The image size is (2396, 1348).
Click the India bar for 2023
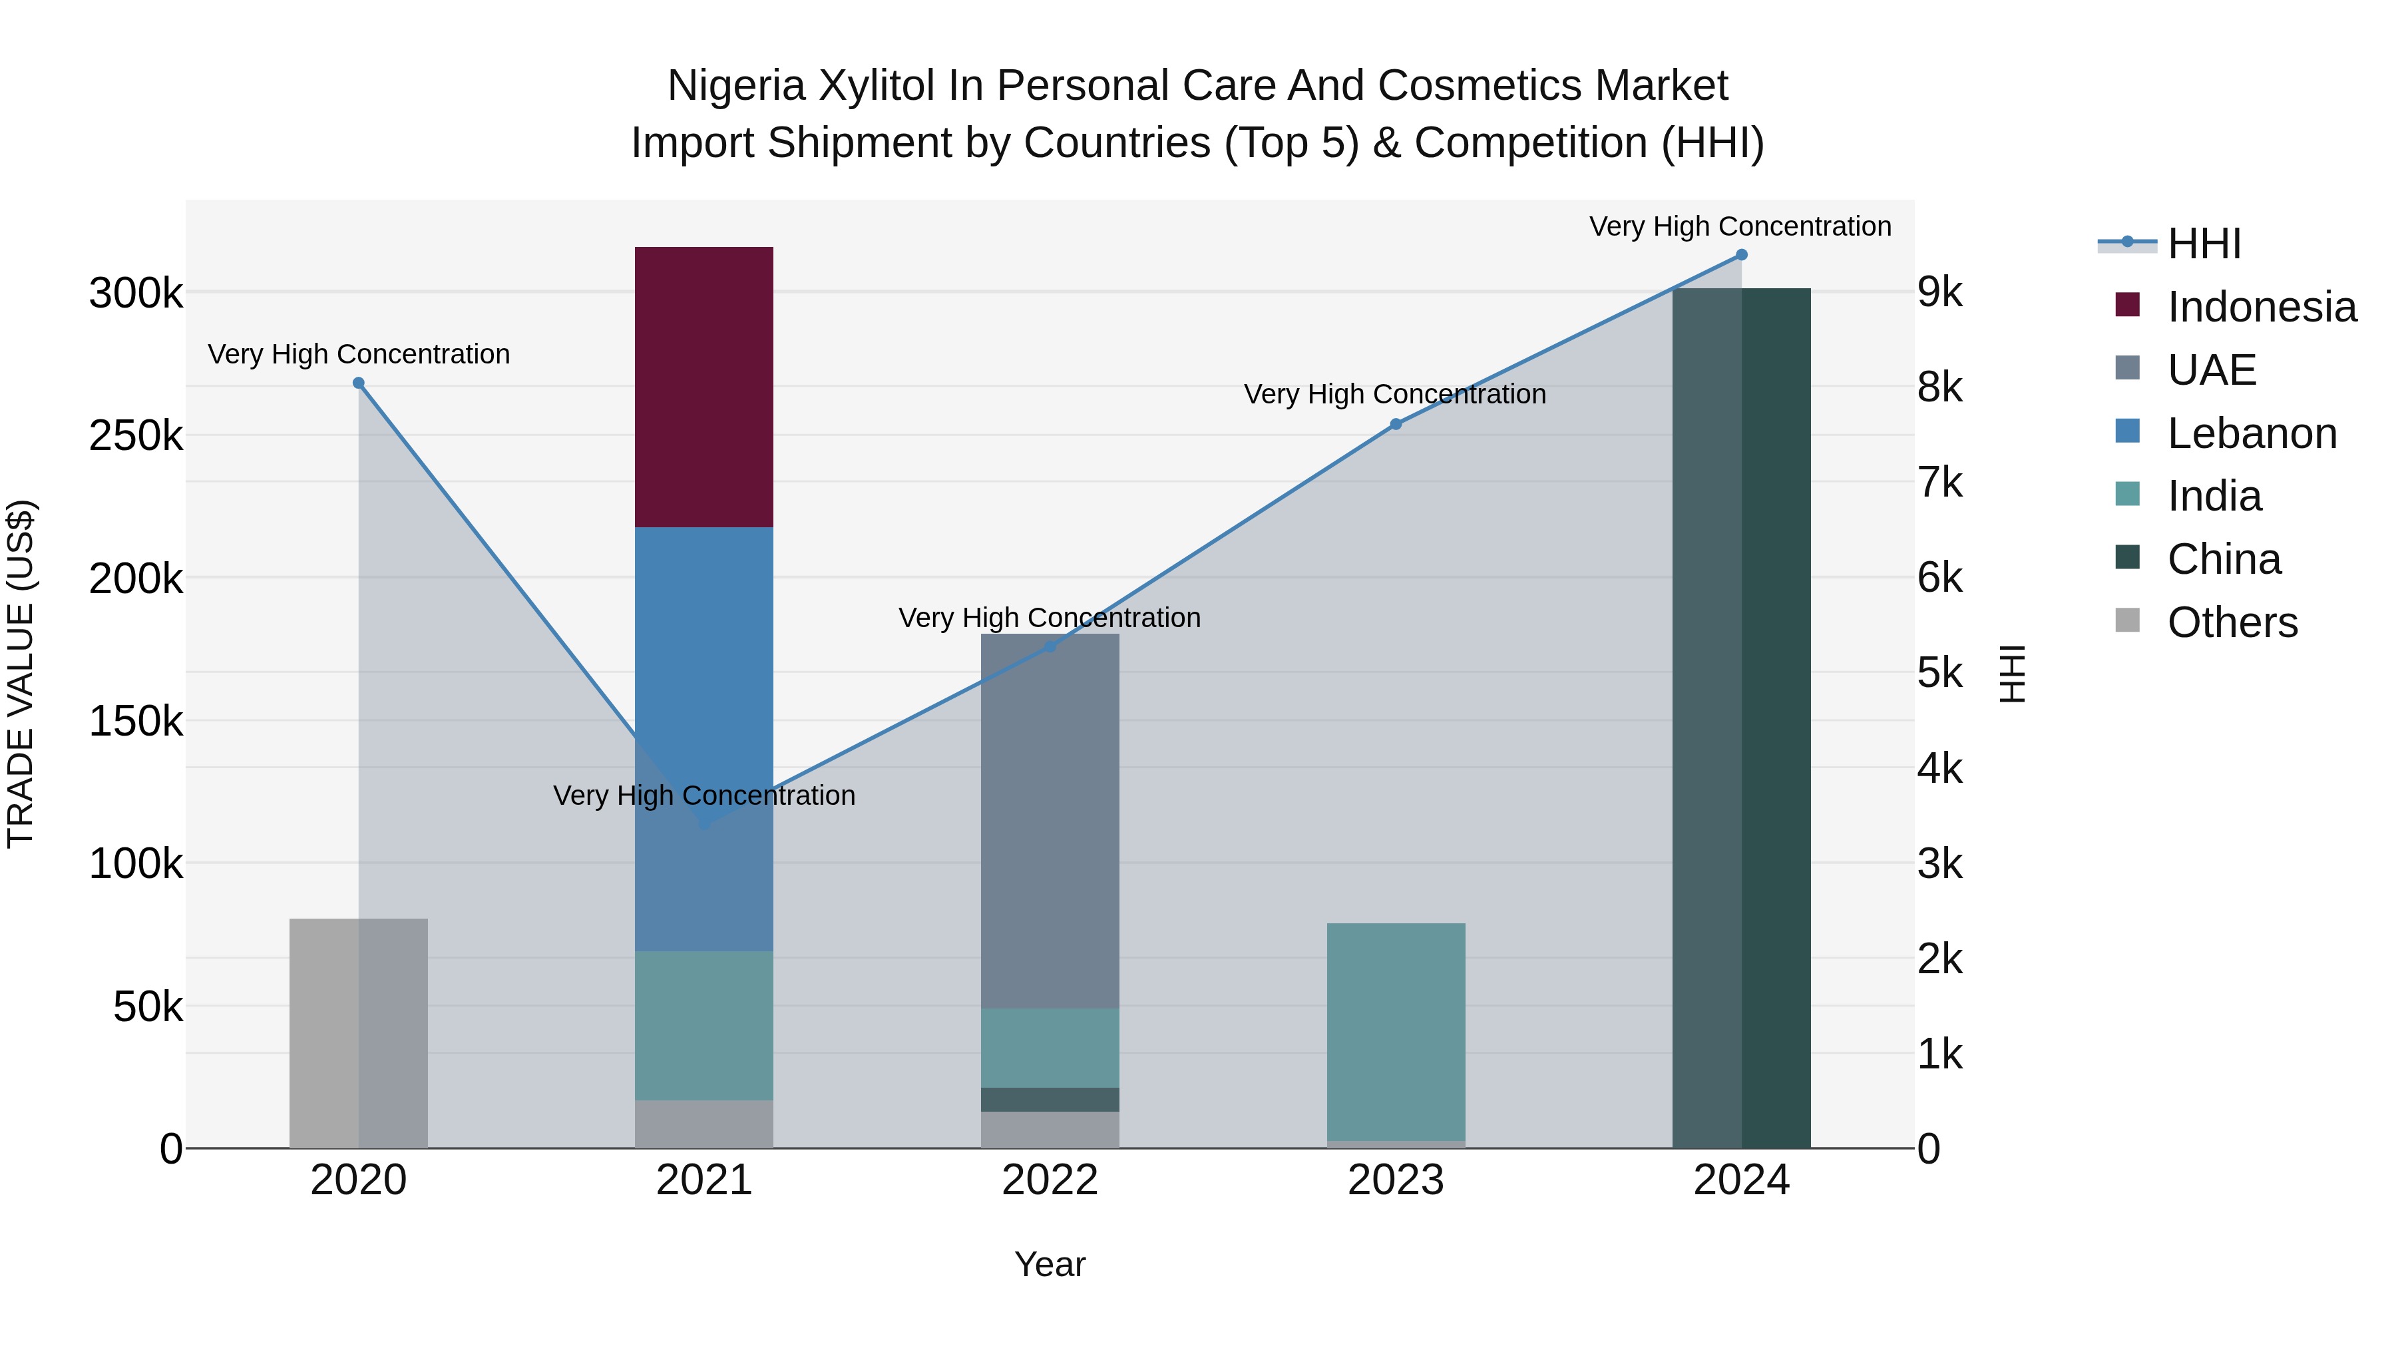[1395, 1032]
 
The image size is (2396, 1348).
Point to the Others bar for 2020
[358, 1032]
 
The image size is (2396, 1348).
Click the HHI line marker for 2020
[358, 383]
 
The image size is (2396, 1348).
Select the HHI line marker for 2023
[1395, 424]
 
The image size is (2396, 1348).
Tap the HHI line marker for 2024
[1741, 255]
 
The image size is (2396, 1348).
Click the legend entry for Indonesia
[2260, 307]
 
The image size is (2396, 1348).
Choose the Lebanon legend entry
[2251, 433]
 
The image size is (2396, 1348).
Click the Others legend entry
[2232, 622]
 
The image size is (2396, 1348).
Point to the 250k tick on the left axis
[136, 435]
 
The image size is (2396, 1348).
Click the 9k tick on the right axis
[1940, 292]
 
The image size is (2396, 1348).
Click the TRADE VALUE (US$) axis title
[21, 674]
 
